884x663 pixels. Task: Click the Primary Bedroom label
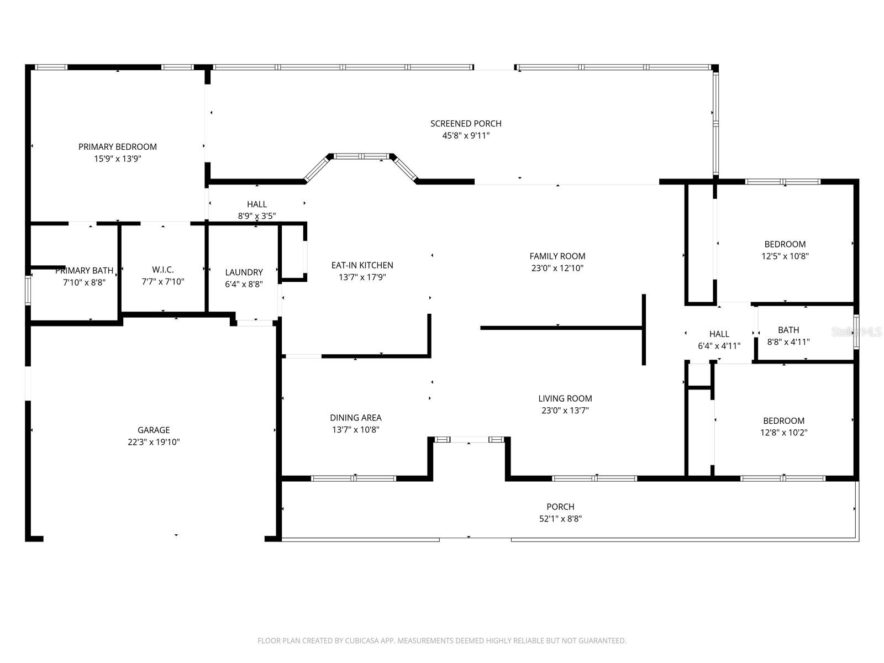pyautogui.click(x=118, y=146)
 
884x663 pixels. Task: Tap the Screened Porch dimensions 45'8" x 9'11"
pyautogui.click(x=466, y=136)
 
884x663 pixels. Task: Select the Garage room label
pyautogui.click(x=154, y=430)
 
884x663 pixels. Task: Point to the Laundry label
pyautogui.click(x=244, y=272)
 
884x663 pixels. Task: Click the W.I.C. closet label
pyautogui.click(x=163, y=270)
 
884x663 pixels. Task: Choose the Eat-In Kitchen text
pyautogui.click(x=362, y=265)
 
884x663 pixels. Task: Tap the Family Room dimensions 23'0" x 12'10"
pyautogui.click(x=557, y=269)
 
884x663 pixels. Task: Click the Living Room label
pyautogui.click(x=565, y=398)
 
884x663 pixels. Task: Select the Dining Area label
pyautogui.click(x=355, y=418)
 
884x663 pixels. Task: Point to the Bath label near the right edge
pyautogui.click(x=788, y=330)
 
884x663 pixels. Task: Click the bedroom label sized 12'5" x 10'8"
pyautogui.click(x=785, y=244)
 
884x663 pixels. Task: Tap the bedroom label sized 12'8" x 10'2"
pyautogui.click(x=783, y=421)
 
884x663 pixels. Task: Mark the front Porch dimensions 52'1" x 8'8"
pyautogui.click(x=560, y=519)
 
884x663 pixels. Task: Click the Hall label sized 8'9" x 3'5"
pyautogui.click(x=257, y=204)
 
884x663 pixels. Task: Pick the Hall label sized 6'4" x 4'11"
pyautogui.click(x=719, y=334)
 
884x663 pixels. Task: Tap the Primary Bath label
pyautogui.click(x=84, y=271)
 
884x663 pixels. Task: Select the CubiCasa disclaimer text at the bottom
pyautogui.click(x=441, y=641)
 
